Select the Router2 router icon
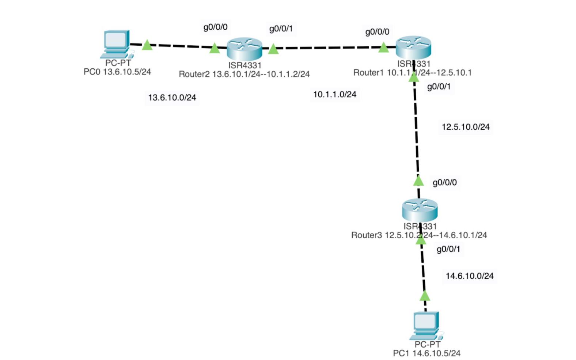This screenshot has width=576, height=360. pos(244,49)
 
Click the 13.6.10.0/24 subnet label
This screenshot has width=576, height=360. pos(172,98)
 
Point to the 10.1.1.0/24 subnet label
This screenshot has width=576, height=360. pos(334,94)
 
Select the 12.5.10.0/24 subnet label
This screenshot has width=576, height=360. pos(465,127)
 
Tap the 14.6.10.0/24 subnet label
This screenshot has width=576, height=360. pos(469,276)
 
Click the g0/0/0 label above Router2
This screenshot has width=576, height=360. pos(215,27)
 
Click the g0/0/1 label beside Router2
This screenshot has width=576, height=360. pos(281,29)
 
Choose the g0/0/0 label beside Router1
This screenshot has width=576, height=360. pos(377,32)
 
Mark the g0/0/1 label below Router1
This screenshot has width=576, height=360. pos(439,87)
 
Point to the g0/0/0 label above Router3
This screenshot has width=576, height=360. pos(444,182)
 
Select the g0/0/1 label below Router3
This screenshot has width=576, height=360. pos(448,249)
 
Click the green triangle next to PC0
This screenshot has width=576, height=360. pos(147,45)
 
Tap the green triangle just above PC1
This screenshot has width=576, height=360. pos(425,296)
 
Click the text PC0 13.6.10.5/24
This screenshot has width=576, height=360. pos(117,72)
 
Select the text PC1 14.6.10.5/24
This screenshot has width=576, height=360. pos(426,353)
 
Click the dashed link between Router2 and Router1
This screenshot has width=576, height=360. pos(329,48)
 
